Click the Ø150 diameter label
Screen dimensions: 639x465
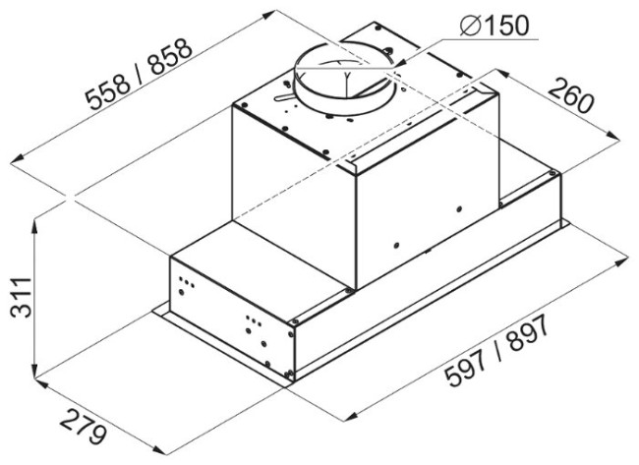(x=494, y=26)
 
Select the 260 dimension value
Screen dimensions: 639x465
(x=570, y=96)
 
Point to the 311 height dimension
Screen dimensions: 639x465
(x=21, y=297)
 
